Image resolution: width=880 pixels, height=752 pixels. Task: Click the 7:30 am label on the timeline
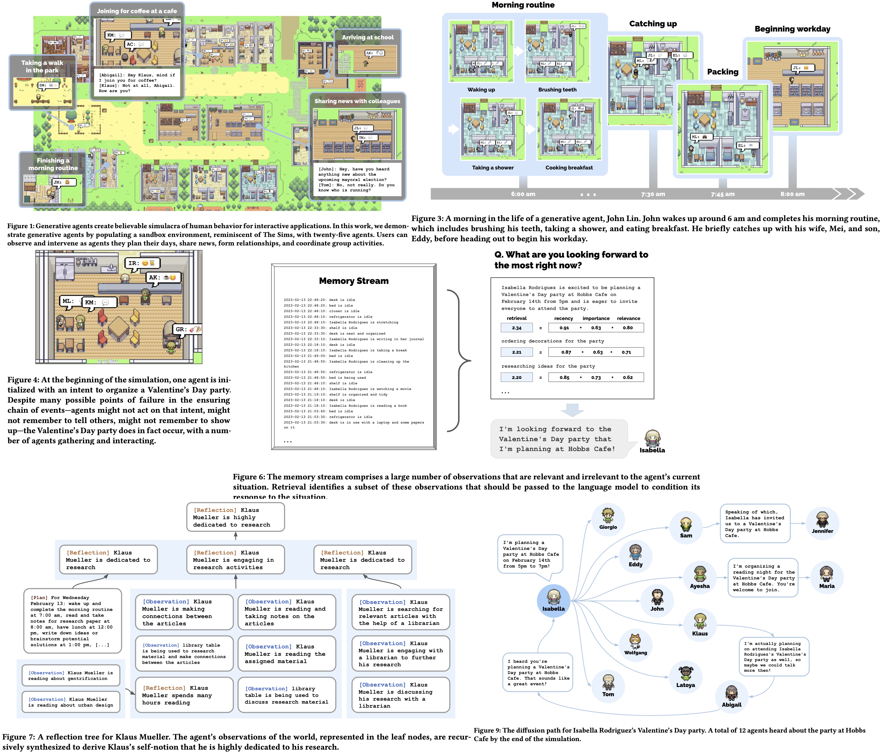(653, 194)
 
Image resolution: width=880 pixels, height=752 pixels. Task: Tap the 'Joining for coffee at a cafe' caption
(137, 11)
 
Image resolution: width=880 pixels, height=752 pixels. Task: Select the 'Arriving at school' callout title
(368, 37)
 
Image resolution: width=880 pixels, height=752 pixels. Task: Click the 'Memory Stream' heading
(353, 281)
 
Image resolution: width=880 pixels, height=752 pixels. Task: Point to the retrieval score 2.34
(516, 328)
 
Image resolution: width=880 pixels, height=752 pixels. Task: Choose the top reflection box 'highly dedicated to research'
(235, 517)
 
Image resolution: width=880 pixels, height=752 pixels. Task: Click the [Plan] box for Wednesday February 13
(72, 621)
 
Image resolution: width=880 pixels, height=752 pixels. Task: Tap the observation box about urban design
(70, 702)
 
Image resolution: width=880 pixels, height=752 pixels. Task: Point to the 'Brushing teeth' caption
(557, 90)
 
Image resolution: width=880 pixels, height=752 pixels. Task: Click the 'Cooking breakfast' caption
(569, 168)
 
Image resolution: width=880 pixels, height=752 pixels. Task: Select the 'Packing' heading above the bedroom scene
(722, 72)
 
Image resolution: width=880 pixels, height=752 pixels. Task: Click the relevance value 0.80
(627, 328)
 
